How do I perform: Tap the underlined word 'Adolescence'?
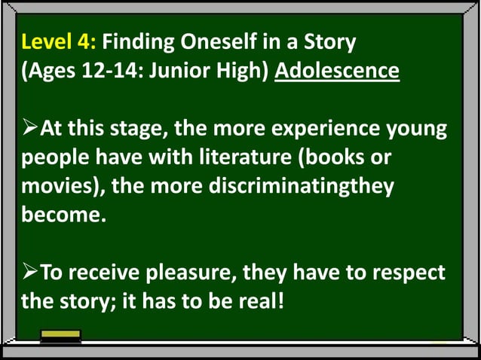(336, 72)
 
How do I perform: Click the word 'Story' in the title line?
(329, 41)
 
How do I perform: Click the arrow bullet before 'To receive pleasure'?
(30, 272)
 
